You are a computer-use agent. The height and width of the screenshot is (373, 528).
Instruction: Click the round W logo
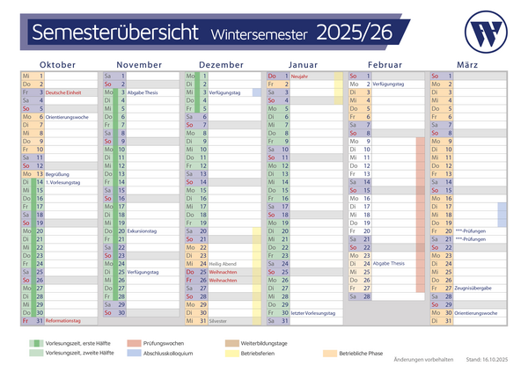pyautogui.click(x=483, y=33)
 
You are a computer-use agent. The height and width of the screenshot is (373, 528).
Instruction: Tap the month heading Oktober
pyautogui.click(x=57, y=65)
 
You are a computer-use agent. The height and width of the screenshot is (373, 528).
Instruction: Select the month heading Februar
pyautogui.click(x=385, y=65)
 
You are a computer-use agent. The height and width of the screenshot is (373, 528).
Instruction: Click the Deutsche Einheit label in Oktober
pyautogui.click(x=62, y=92)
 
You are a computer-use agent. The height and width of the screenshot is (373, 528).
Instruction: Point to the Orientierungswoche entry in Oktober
pyautogui.click(x=69, y=116)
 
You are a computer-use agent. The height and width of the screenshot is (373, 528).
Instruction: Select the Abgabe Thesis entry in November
pyautogui.click(x=142, y=92)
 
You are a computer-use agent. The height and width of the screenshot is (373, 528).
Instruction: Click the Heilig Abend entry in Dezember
pyautogui.click(x=224, y=264)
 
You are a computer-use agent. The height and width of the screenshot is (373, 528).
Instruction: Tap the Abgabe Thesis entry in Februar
pyautogui.click(x=388, y=264)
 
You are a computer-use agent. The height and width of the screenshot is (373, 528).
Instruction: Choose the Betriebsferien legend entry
pyautogui.click(x=259, y=353)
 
